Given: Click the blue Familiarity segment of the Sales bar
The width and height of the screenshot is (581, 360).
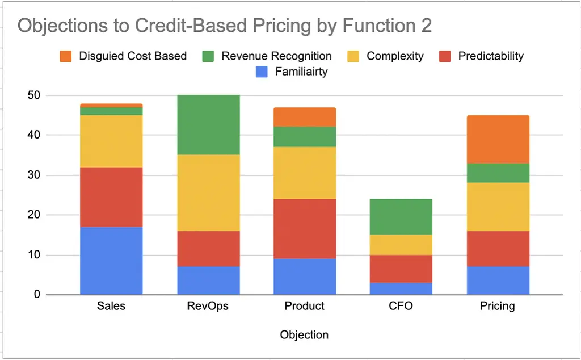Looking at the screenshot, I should pos(111,261).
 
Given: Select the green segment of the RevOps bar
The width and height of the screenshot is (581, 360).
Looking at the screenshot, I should pos(208,124).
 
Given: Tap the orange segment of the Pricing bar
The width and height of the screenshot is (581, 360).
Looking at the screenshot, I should pos(497,139).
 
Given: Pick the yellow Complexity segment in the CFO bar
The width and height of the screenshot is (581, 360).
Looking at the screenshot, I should pos(401,245).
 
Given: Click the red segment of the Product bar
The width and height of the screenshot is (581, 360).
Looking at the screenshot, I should pos(304,229).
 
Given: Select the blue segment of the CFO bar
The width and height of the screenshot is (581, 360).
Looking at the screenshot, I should pos(401,288).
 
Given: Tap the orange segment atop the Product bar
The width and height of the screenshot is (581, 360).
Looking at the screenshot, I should pos(304,117).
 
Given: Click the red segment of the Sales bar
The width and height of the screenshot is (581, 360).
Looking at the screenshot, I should pos(111,197).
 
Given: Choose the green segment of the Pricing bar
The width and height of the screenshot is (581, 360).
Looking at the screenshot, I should pos(497,173).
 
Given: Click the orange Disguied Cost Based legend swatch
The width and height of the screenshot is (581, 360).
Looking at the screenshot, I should pos(66,56).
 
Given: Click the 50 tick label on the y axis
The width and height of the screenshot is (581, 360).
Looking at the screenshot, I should pos(33,95).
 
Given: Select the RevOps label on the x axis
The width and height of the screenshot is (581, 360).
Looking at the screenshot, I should pos(208,306).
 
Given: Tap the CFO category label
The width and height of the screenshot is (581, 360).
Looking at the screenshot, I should pos(401,306).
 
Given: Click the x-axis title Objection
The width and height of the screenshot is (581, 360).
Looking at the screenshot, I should pos(304,334).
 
